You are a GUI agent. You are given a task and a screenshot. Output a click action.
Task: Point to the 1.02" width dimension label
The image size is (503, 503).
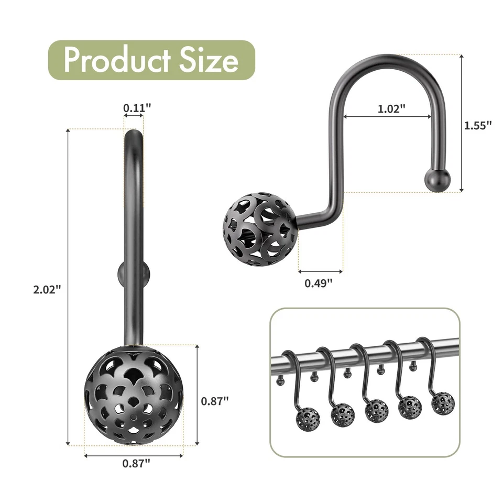coord(391,109)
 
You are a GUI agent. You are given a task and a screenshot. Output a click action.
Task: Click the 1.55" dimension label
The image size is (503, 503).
coord(478,125)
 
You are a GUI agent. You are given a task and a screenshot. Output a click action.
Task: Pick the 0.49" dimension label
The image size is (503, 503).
coord(319,283)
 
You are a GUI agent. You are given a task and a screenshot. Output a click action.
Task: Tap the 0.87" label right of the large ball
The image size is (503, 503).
coord(215,401)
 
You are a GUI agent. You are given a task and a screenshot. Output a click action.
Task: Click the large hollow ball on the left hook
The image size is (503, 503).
coord(134,394)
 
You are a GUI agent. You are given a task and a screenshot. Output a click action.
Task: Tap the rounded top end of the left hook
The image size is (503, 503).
coord(134,137)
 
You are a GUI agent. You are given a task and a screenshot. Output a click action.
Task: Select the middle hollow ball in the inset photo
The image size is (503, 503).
coord(377,410)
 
